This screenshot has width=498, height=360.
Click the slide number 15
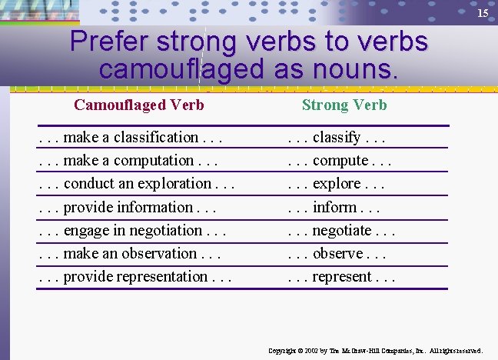[483, 14]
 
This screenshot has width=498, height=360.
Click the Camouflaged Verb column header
[139, 105]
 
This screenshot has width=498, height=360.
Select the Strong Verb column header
[344, 105]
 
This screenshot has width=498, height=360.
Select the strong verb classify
[337, 138]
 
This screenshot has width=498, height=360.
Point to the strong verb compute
[340, 161]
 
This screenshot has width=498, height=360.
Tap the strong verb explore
[337, 184]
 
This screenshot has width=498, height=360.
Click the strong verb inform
[335, 207]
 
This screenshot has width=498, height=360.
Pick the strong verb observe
[338, 253]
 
